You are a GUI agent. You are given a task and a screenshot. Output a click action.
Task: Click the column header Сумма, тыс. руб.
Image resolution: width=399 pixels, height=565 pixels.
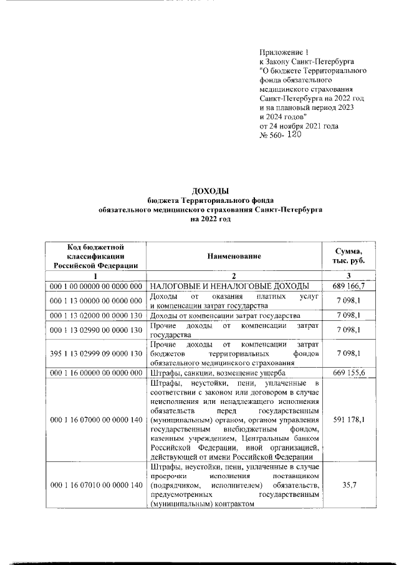click(350, 255)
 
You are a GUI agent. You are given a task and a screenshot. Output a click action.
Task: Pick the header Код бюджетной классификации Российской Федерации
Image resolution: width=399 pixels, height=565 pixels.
click(96, 256)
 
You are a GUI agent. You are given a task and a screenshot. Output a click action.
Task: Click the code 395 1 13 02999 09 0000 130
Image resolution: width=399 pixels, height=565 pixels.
click(96, 353)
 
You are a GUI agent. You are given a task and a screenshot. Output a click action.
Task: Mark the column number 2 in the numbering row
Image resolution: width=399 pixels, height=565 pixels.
click(234, 275)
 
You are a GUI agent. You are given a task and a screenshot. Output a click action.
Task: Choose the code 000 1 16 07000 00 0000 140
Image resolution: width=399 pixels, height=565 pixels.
click(96, 420)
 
